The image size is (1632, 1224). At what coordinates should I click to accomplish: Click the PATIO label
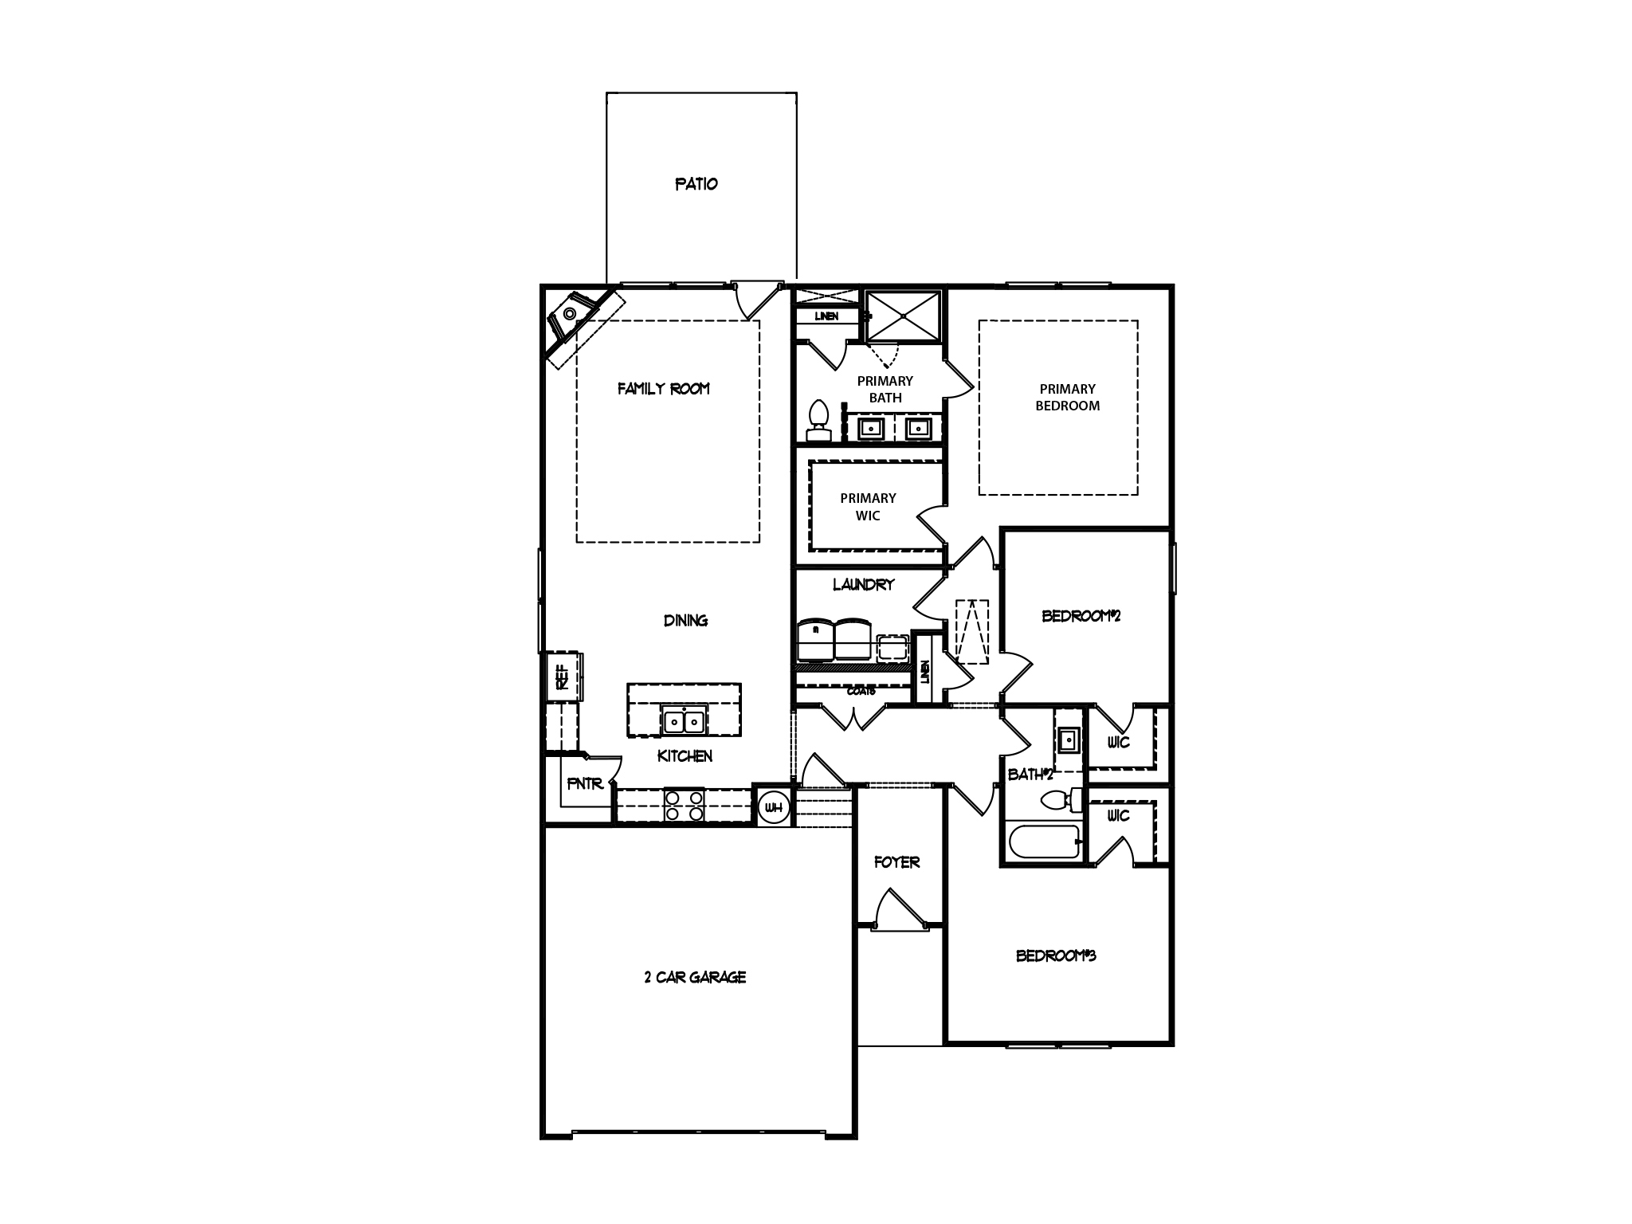point(696,184)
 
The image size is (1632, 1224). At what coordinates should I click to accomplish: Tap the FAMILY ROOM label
point(663,389)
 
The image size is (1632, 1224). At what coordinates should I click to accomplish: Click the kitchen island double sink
point(685,721)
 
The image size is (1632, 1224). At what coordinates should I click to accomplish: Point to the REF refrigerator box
point(563,677)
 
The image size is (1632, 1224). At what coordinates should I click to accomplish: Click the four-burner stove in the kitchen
point(685,805)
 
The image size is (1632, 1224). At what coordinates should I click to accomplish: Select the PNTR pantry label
point(584,784)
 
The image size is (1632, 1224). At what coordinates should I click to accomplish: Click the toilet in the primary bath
point(818,420)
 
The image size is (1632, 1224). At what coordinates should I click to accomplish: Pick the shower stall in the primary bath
point(904,316)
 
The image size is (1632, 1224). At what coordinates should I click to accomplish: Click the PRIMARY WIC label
point(868,507)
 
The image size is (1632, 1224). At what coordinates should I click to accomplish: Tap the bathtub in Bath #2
point(1042,841)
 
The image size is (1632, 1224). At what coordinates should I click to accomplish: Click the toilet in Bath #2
point(1061,799)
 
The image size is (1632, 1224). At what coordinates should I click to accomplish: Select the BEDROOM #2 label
point(1081,616)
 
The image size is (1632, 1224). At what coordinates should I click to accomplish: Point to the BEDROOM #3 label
point(1055,955)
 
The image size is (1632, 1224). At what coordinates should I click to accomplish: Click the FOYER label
point(896,862)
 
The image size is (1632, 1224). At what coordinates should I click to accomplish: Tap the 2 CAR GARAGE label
point(695,977)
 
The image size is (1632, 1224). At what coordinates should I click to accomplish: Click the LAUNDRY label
point(863,585)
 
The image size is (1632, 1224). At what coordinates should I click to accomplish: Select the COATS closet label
point(861,691)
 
